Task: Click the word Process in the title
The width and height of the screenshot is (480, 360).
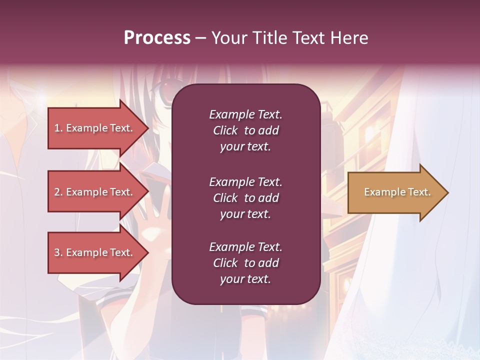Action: [x=157, y=38]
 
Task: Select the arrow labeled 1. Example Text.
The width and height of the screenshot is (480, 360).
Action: [x=95, y=128]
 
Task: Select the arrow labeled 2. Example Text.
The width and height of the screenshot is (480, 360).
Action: [x=95, y=192]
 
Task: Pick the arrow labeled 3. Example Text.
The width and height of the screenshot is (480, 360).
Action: [x=95, y=252]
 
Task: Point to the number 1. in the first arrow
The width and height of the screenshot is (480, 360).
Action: [x=58, y=128]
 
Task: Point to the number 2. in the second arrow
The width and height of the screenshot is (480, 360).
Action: [x=58, y=192]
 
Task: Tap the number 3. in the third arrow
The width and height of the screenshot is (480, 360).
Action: [x=58, y=252]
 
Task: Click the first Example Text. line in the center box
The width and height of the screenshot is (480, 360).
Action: [x=245, y=114]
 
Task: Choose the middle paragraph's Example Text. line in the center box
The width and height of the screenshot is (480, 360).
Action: [x=245, y=182]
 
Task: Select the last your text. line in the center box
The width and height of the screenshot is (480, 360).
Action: [x=245, y=279]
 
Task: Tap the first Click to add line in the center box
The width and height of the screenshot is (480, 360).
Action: [x=245, y=130]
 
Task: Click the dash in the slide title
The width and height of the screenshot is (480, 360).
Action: [x=200, y=38]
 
